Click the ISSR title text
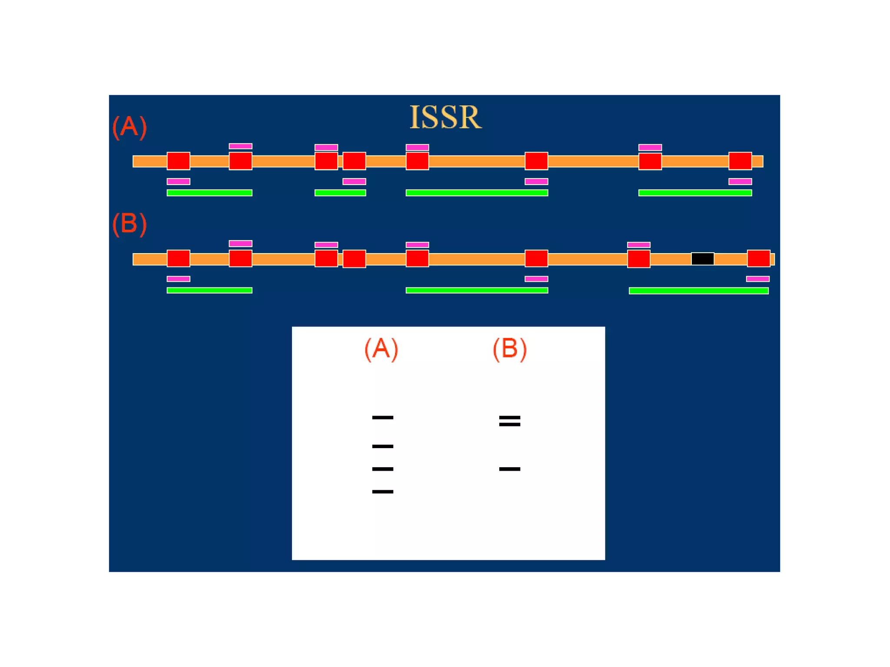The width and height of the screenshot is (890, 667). point(445,117)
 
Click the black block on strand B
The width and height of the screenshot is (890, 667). point(702,259)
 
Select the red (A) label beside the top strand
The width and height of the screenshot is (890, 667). point(130,127)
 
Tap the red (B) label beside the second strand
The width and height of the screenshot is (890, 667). point(130,224)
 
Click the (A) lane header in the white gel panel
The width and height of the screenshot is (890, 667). point(381,349)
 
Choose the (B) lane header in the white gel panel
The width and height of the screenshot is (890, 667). point(509,349)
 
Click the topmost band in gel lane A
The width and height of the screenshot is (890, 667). point(382,418)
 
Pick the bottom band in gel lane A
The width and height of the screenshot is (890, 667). point(382,492)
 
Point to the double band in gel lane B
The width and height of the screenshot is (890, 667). point(509,421)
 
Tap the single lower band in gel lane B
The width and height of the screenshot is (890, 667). point(509,469)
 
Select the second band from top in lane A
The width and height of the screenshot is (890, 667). point(382,446)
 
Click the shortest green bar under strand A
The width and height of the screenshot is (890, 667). point(340,193)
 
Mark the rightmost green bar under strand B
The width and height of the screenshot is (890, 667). point(698,291)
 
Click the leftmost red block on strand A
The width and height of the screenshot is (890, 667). point(178,161)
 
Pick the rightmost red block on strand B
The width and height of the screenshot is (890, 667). point(758,258)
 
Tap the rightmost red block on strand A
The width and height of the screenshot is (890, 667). point(740,161)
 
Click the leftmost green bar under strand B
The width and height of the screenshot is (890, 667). point(209,290)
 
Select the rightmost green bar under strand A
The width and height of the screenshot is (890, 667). point(695,193)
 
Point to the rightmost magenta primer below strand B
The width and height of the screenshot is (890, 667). point(757,279)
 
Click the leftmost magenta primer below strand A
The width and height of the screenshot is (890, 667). point(178,182)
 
